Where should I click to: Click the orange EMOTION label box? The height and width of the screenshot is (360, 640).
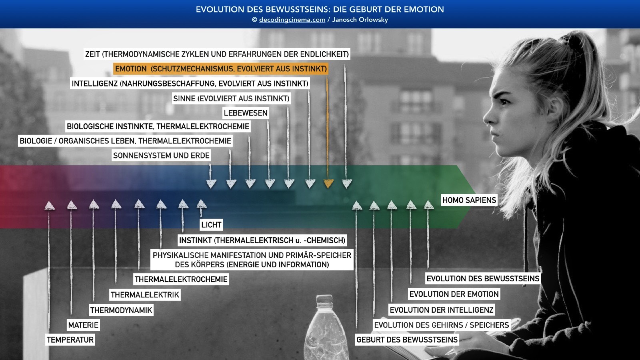pyautogui.click(x=220, y=69)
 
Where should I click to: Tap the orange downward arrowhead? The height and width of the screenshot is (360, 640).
pyautogui.click(x=328, y=184)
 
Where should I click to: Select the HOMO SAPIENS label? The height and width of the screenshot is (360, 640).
pyautogui.click(x=469, y=200)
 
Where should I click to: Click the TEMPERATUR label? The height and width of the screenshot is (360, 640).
pyautogui.click(x=70, y=340)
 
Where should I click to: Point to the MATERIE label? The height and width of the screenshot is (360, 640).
pyautogui.click(x=83, y=325)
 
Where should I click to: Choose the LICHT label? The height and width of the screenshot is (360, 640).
pyautogui.click(x=211, y=225)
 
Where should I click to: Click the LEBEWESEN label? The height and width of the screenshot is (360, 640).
pyautogui.click(x=246, y=113)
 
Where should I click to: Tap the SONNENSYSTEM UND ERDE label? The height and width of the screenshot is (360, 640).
pyautogui.click(x=161, y=156)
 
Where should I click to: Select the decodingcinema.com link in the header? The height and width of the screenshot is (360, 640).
pyautogui.click(x=292, y=20)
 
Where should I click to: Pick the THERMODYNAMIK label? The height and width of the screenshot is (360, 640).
pyautogui.click(x=121, y=310)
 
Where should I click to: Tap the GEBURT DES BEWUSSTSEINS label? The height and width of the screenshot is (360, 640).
pyautogui.click(x=407, y=340)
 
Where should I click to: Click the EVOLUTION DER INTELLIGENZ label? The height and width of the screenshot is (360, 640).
pyautogui.click(x=442, y=310)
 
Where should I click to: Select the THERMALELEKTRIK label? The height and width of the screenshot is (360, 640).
pyautogui.click(x=145, y=294)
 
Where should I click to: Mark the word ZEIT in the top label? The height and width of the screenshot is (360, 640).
pyautogui.click(x=92, y=54)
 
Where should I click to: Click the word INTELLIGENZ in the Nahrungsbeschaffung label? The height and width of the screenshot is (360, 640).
pyautogui.click(x=94, y=84)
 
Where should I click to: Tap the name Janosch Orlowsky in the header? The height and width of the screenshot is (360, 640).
pyautogui.click(x=360, y=20)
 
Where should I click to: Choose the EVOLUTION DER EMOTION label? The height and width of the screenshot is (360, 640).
pyautogui.click(x=454, y=294)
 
